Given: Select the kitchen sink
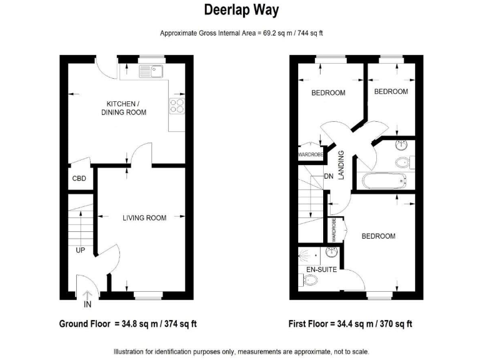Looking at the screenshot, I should point(151,71).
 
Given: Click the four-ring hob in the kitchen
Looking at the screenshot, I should point(177,106).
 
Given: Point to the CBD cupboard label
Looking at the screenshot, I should point(79,179).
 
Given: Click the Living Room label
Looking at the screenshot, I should point(144,218).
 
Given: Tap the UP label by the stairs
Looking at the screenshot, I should point(81,250).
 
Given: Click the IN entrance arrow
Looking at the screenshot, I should point(87,299).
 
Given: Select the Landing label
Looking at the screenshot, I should point(341,166).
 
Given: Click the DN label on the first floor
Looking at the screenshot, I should point(329,177).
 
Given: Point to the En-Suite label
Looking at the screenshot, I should point(321,269).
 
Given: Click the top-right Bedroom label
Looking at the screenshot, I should point(391,92).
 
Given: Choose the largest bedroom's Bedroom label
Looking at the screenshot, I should point(378,236).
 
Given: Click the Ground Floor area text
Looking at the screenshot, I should point(127,324).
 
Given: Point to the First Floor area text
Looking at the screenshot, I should point(350,324).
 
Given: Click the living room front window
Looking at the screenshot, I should point(147,292).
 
